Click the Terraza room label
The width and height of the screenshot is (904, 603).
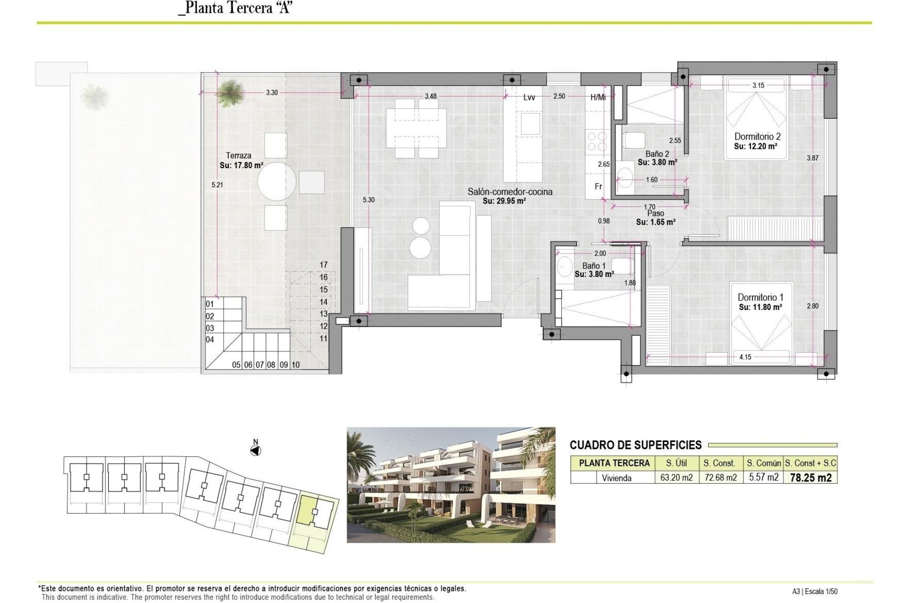pos(238,155)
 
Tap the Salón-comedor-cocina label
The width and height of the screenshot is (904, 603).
pos(510,192)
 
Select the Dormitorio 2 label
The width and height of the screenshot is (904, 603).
pos(757,137)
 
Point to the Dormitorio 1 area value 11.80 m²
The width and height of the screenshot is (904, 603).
pos(760,307)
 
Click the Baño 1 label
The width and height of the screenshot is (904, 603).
pos(594,266)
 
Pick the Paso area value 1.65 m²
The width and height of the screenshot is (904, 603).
pos(656,222)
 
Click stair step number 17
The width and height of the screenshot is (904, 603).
pos(323,265)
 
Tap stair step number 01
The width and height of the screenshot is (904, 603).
pos(210,304)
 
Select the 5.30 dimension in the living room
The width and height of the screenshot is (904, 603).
pos(369,200)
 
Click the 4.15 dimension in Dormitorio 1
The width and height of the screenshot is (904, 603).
pos(745,357)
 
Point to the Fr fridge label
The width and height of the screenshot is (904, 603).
pos(598,187)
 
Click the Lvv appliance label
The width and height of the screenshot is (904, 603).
pos(529,98)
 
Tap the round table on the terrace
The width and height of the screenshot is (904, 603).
pos(277,181)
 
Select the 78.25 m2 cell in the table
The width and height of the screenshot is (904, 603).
pos(810,478)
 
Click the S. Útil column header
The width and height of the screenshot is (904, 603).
pos(676,463)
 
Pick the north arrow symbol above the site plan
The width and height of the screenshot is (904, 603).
pos(255,451)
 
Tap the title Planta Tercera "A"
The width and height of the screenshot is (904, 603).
pos(236,8)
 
